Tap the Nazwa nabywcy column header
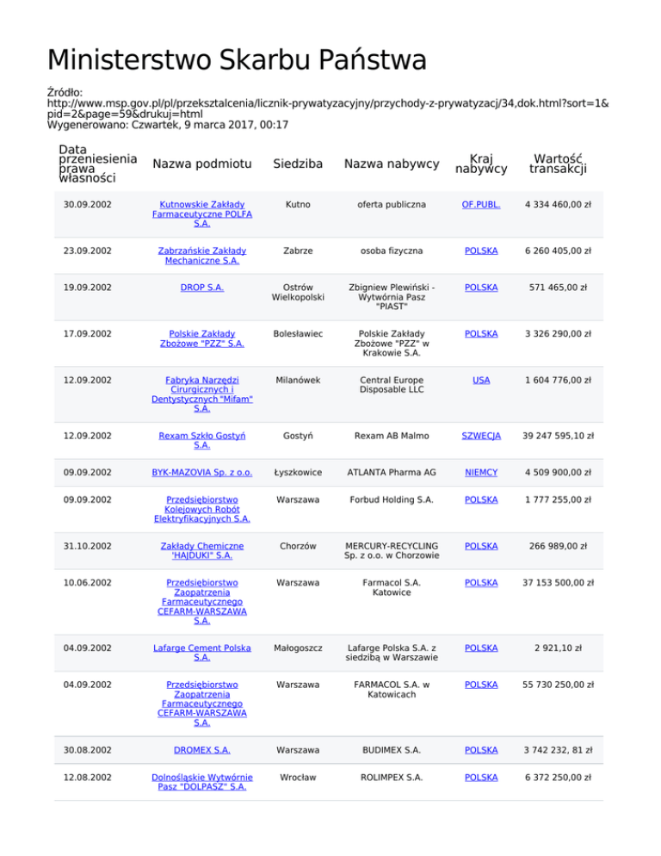click(x=391, y=164)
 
